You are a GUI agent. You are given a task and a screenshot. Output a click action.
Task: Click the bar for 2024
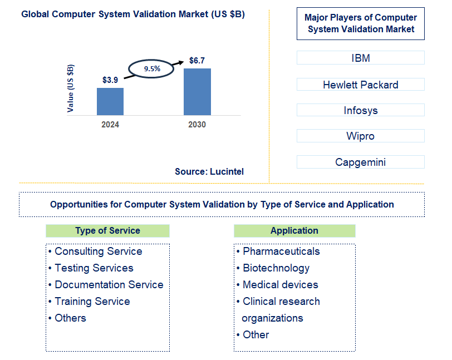point(110,101)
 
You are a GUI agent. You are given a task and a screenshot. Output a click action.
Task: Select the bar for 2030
point(197,92)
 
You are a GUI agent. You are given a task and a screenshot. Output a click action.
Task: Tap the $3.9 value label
point(110,80)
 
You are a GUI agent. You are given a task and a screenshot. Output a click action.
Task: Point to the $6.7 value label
point(197,60)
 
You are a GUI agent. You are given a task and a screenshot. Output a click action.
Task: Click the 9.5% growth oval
point(152,69)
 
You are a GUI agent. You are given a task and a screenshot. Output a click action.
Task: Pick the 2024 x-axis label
point(110,125)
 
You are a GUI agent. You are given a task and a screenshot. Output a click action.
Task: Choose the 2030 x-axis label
point(197,125)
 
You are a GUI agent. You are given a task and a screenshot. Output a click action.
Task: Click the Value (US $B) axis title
point(71,88)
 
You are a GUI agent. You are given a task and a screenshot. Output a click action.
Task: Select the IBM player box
point(360,58)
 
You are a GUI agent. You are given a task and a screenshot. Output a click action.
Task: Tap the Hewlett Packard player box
point(360,85)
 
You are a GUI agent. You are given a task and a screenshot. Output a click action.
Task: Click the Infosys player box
point(360,110)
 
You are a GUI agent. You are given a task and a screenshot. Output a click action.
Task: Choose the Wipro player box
point(360,136)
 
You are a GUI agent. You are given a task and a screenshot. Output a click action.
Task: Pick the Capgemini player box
point(360,162)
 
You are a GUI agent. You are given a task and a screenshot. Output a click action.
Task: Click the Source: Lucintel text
point(209,172)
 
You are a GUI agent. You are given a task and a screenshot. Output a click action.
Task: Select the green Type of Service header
point(107,230)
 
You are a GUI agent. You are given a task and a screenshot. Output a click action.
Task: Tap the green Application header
point(294,230)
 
